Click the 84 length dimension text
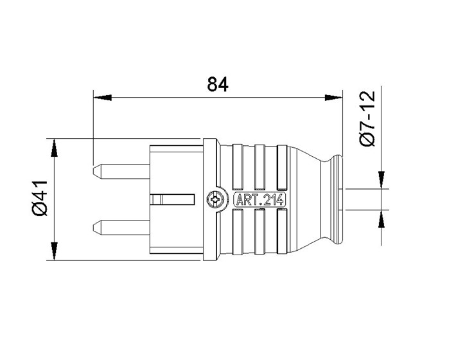point(218,84)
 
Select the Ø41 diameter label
point(40,198)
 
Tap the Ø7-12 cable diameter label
point(367,118)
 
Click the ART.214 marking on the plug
point(259,200)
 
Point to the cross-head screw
point(215,200)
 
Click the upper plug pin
point(121,172)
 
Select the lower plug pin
point(121,228)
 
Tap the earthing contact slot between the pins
point(173,200)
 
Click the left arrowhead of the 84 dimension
point(102,98)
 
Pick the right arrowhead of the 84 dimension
point(333,98)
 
